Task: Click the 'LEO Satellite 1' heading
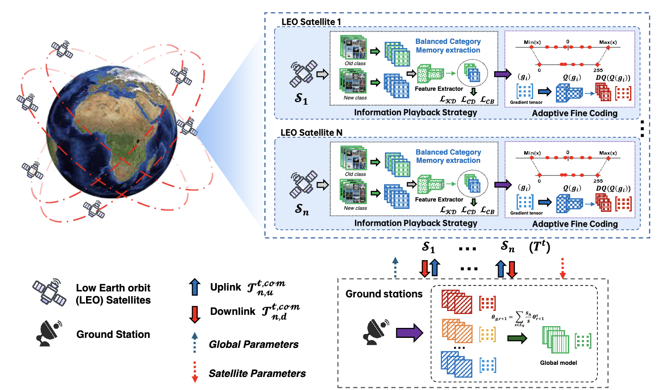[x=311, y=22]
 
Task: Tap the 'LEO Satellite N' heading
[x=311, y=132]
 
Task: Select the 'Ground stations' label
[x=384, y=294]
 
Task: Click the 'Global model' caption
[x=558, y=363]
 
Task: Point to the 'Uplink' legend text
[x=226, y=287]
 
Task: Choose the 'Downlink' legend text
[x=232, y=311]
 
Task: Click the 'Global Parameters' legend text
[x=253, y=344]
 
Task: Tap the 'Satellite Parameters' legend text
[x=257, y=373]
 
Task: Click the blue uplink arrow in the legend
[x=195, y=287]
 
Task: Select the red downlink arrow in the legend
[x=195, y=314]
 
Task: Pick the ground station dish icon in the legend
[x=49, y=334]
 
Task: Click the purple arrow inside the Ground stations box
[x=409, y=333]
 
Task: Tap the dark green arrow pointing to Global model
[x=517, y=338]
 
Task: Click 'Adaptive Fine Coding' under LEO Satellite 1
[x=574, y=113]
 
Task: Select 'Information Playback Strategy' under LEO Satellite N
[x=415, y=223]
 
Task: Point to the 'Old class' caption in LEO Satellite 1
[x=355, y=63]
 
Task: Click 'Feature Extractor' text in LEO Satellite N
[x=439, y=199]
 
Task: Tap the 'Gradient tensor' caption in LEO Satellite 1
[x=526, y=102]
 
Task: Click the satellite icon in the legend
[x=49, y=292]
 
